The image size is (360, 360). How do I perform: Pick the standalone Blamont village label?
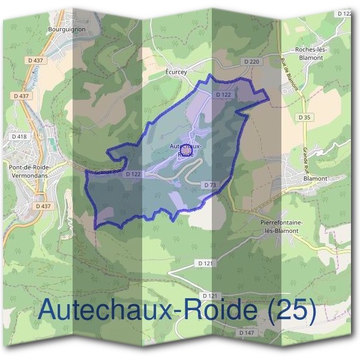click(x=315, y=178)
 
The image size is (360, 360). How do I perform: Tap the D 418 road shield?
click(x=19, y=137)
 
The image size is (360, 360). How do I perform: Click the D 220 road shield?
click(x=251, y=61)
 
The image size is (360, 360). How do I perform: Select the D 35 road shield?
click(x=305, y=117)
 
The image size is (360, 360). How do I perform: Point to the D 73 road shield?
click(x=210, y=185)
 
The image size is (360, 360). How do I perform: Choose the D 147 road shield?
click(x=247, y=332)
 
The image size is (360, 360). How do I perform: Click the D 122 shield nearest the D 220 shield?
click(x=223, y=95)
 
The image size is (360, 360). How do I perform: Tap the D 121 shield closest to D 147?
click(x=210, y=296)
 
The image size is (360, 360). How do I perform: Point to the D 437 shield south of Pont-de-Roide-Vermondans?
click(x=43, y=206)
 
